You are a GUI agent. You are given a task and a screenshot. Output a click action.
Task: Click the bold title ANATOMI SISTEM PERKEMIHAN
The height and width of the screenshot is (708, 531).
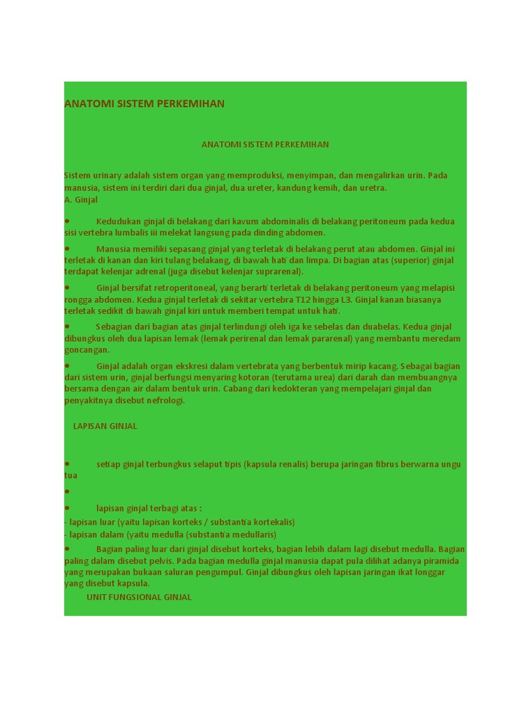[x=145, y=104]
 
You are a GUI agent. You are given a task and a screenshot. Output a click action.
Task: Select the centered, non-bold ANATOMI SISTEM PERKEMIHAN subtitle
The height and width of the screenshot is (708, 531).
[x=265, y=145]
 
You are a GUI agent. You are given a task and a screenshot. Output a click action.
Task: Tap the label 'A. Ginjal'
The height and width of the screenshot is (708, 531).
[x=81, y=200]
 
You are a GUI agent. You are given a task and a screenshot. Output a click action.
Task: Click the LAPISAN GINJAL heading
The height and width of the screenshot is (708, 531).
[x=105, y=426]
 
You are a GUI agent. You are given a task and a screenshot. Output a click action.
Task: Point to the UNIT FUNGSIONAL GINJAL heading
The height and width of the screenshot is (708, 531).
[x=139, y=597]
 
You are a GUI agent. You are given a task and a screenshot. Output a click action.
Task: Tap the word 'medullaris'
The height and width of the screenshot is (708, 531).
[x=254, y=534]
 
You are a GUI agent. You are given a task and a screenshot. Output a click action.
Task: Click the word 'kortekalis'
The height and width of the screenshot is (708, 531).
[x=272, y=522]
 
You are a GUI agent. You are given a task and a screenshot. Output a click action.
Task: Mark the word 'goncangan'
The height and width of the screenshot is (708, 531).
[x=86, y=350]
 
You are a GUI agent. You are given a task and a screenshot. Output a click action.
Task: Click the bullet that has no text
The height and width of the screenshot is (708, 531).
[x=67, y=492]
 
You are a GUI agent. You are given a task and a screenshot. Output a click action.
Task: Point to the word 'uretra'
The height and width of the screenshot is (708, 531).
[x=373, y=188]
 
